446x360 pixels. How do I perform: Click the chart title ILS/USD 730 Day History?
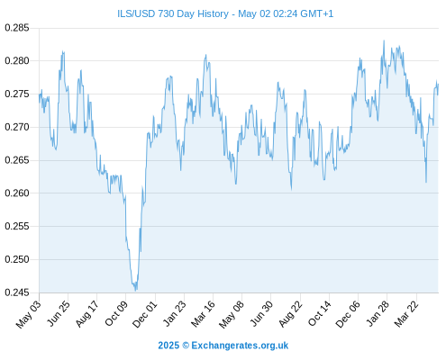coord(173,13)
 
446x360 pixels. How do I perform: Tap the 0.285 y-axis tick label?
coord(17,28)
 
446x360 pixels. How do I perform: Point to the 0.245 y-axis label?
coord(17,292)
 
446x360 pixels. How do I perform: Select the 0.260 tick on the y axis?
coord(17,193)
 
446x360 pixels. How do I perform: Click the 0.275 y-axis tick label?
coord(17,94)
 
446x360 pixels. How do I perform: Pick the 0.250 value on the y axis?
coord(17,259)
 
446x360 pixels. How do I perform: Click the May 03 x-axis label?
coord(28,314)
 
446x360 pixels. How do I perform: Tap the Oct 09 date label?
coord(116,313)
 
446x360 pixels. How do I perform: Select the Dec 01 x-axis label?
coord(145,313)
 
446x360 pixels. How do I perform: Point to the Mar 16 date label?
coord(203,313)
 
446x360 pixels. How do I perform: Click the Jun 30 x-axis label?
coord(261,313)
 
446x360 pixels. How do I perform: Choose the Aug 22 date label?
coord(290,313)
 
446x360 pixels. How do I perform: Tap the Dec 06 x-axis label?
coord(348,314)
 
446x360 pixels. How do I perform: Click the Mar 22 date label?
coord(406,313)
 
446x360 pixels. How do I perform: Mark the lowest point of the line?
coord(136,291)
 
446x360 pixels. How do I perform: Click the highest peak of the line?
coord(384,40)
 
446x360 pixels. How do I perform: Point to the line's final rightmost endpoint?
coord(439,85)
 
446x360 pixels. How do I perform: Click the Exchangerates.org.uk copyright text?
coord(240,346)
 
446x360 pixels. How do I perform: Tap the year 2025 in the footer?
coord(168,346)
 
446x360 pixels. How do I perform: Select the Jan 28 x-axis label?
coord(378,313)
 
